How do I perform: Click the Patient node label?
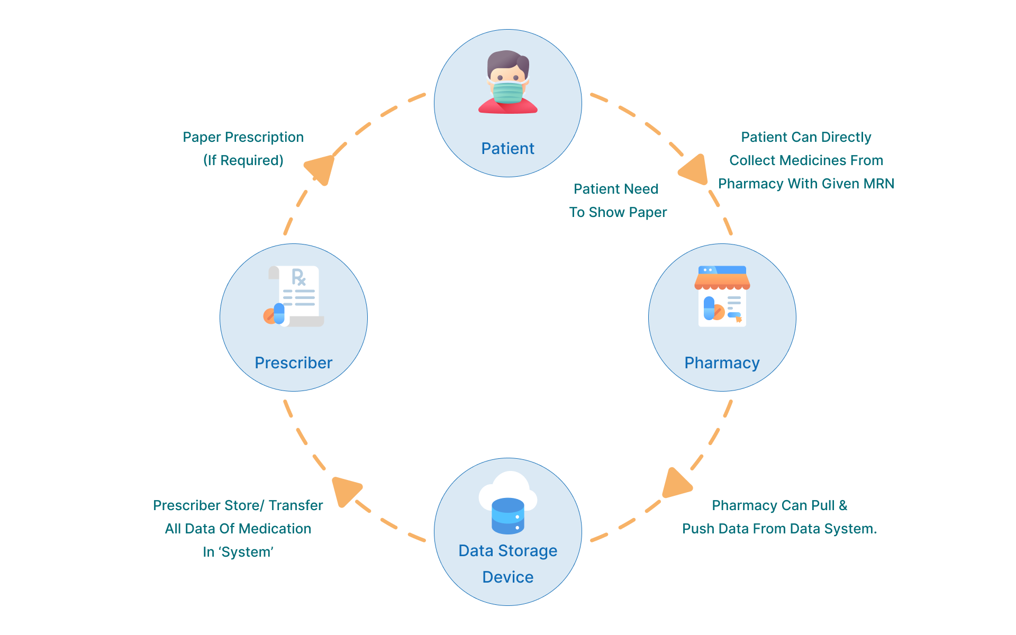(x=507, y=149)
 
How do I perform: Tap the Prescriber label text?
(x=293, y=363)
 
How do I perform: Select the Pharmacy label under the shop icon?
(x=722, y=363)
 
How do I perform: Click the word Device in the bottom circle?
(x=507, y=577)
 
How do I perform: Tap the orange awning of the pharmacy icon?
(x=722, y=281)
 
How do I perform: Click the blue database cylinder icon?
(x=507, y=516)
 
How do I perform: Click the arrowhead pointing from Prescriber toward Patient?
(x=321, y=168)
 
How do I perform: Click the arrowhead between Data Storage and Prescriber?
(x=345, y=490)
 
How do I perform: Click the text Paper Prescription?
(x=243, y=137)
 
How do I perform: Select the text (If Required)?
(x=243, y=160)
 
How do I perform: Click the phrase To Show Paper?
(x=618, y=212)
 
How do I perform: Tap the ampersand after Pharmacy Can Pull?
(x=843, y=505)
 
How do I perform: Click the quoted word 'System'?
(x=246, y=552)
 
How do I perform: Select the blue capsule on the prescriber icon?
(x=279, y=313)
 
